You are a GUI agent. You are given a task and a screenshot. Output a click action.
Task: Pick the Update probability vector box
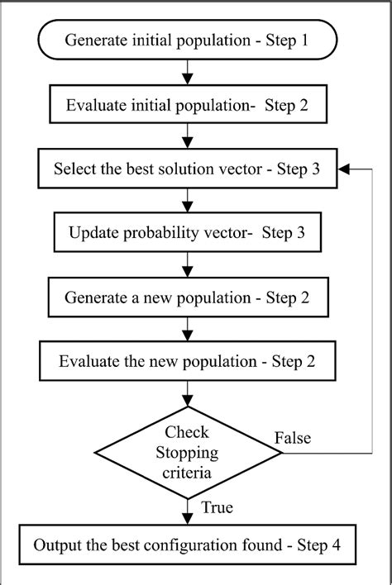click(x=189, y=232)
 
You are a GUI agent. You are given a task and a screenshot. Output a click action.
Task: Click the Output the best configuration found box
click(x=189, y=546)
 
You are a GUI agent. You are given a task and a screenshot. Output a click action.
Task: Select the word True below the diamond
click(x=218, y=507)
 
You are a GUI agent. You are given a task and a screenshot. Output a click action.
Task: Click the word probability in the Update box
click(x=163, y=232)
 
